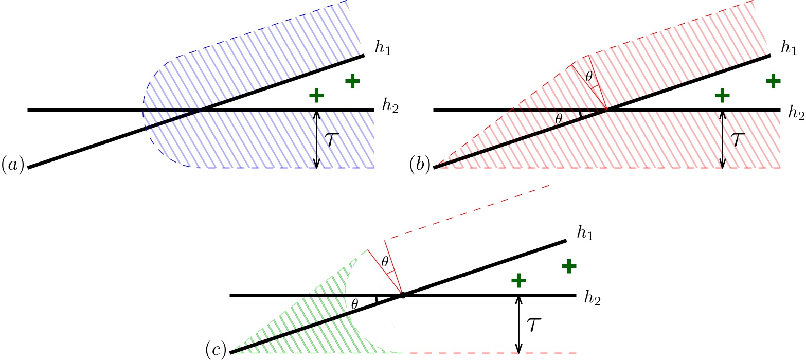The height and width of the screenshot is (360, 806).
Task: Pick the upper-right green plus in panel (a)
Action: point(352,81)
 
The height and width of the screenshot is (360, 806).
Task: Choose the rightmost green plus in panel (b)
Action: point(773,80)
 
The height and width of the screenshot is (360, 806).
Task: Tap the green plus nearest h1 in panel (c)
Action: point(568,266)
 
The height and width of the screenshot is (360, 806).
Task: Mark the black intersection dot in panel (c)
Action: point(403,296)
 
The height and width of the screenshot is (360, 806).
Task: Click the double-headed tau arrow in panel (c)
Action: point(518,324)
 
